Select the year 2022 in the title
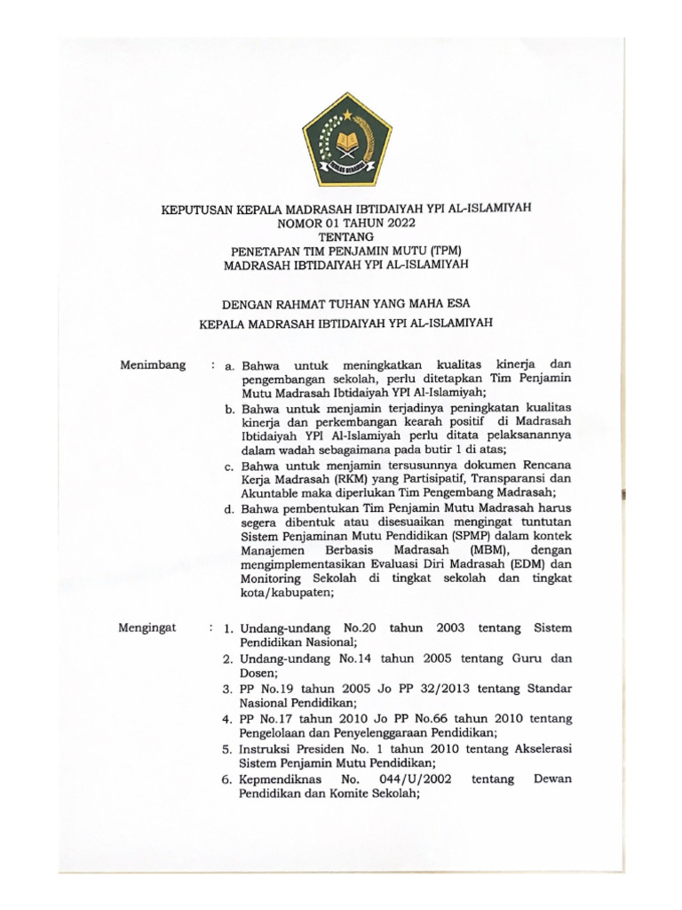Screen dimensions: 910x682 (x=384, y=222)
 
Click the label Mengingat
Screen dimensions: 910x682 (x=147, y=627)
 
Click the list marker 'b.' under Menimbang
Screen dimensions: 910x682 (x=229, y=407)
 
